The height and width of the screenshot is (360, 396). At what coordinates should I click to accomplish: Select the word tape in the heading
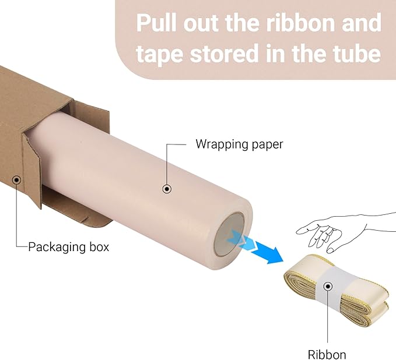tap(159, 54)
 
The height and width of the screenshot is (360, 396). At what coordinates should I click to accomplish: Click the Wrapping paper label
tap(239, 144)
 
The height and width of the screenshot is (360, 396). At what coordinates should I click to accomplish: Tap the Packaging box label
tap(68, 247)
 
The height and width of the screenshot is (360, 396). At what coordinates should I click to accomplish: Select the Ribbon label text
tap(327, 354)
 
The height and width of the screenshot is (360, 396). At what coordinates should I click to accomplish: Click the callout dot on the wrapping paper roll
tap(167, 189)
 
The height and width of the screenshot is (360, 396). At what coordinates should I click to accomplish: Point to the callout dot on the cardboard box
tap(17, 180)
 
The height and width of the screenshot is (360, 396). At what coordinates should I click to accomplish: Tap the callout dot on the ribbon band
tap(328, 286)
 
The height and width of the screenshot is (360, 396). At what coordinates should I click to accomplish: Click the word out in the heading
tap(201, 23)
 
